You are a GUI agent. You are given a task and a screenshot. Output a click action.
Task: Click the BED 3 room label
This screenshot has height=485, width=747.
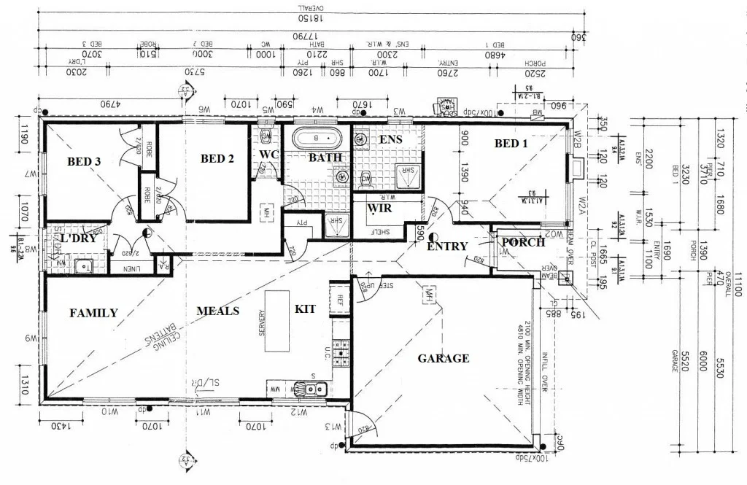(84, 162)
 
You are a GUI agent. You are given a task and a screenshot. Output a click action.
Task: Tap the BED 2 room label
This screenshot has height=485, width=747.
(217, 158)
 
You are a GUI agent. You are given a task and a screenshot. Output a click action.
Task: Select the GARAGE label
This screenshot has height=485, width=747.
(443, 358)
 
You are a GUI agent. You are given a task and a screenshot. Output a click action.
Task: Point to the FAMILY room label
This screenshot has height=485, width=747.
(93, 313)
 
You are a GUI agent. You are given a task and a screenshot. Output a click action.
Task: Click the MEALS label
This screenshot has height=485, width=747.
(217, 311)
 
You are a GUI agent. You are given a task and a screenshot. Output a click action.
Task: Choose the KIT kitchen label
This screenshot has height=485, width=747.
(305, 309)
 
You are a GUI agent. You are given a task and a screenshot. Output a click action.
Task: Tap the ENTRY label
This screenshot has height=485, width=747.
(446, 247)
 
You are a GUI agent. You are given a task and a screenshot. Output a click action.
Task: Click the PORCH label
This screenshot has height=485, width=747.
(523, 242)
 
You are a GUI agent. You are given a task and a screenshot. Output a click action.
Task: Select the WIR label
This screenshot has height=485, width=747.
(379, 209)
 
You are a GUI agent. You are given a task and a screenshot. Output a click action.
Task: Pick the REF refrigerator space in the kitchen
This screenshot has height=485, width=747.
(340, 299)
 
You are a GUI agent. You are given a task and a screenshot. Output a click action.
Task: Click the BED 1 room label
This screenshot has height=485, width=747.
(511, 144)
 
